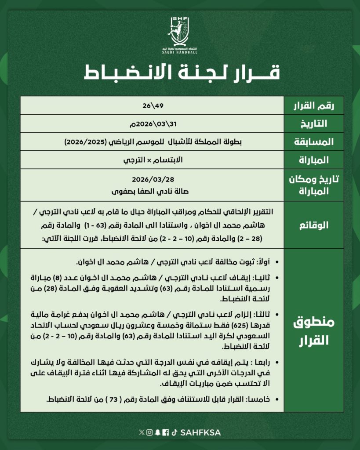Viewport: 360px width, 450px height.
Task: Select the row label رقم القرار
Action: click(x=313, y=105)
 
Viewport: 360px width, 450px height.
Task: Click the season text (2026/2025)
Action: click(x=83, y=142)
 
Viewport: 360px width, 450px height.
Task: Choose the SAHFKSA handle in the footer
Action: click(x=200, y=432)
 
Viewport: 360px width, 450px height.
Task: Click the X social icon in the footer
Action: click(x=141, y=432)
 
